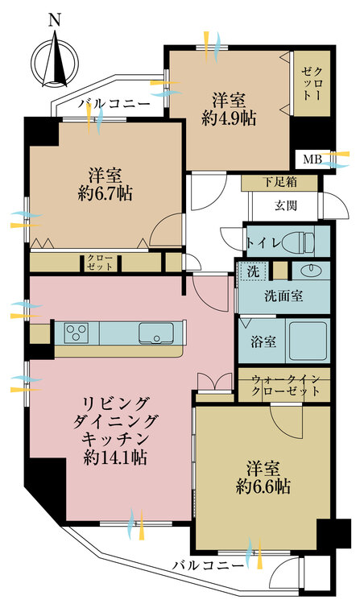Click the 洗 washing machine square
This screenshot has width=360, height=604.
pos(253,273)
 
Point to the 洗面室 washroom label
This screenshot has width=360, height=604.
pos(283,296)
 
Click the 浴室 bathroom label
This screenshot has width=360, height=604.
pos(263,341)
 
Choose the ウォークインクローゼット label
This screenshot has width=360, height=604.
pos(285,385)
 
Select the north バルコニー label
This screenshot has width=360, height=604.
pos(113,104)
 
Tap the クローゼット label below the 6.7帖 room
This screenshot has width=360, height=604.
pos(101,262)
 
